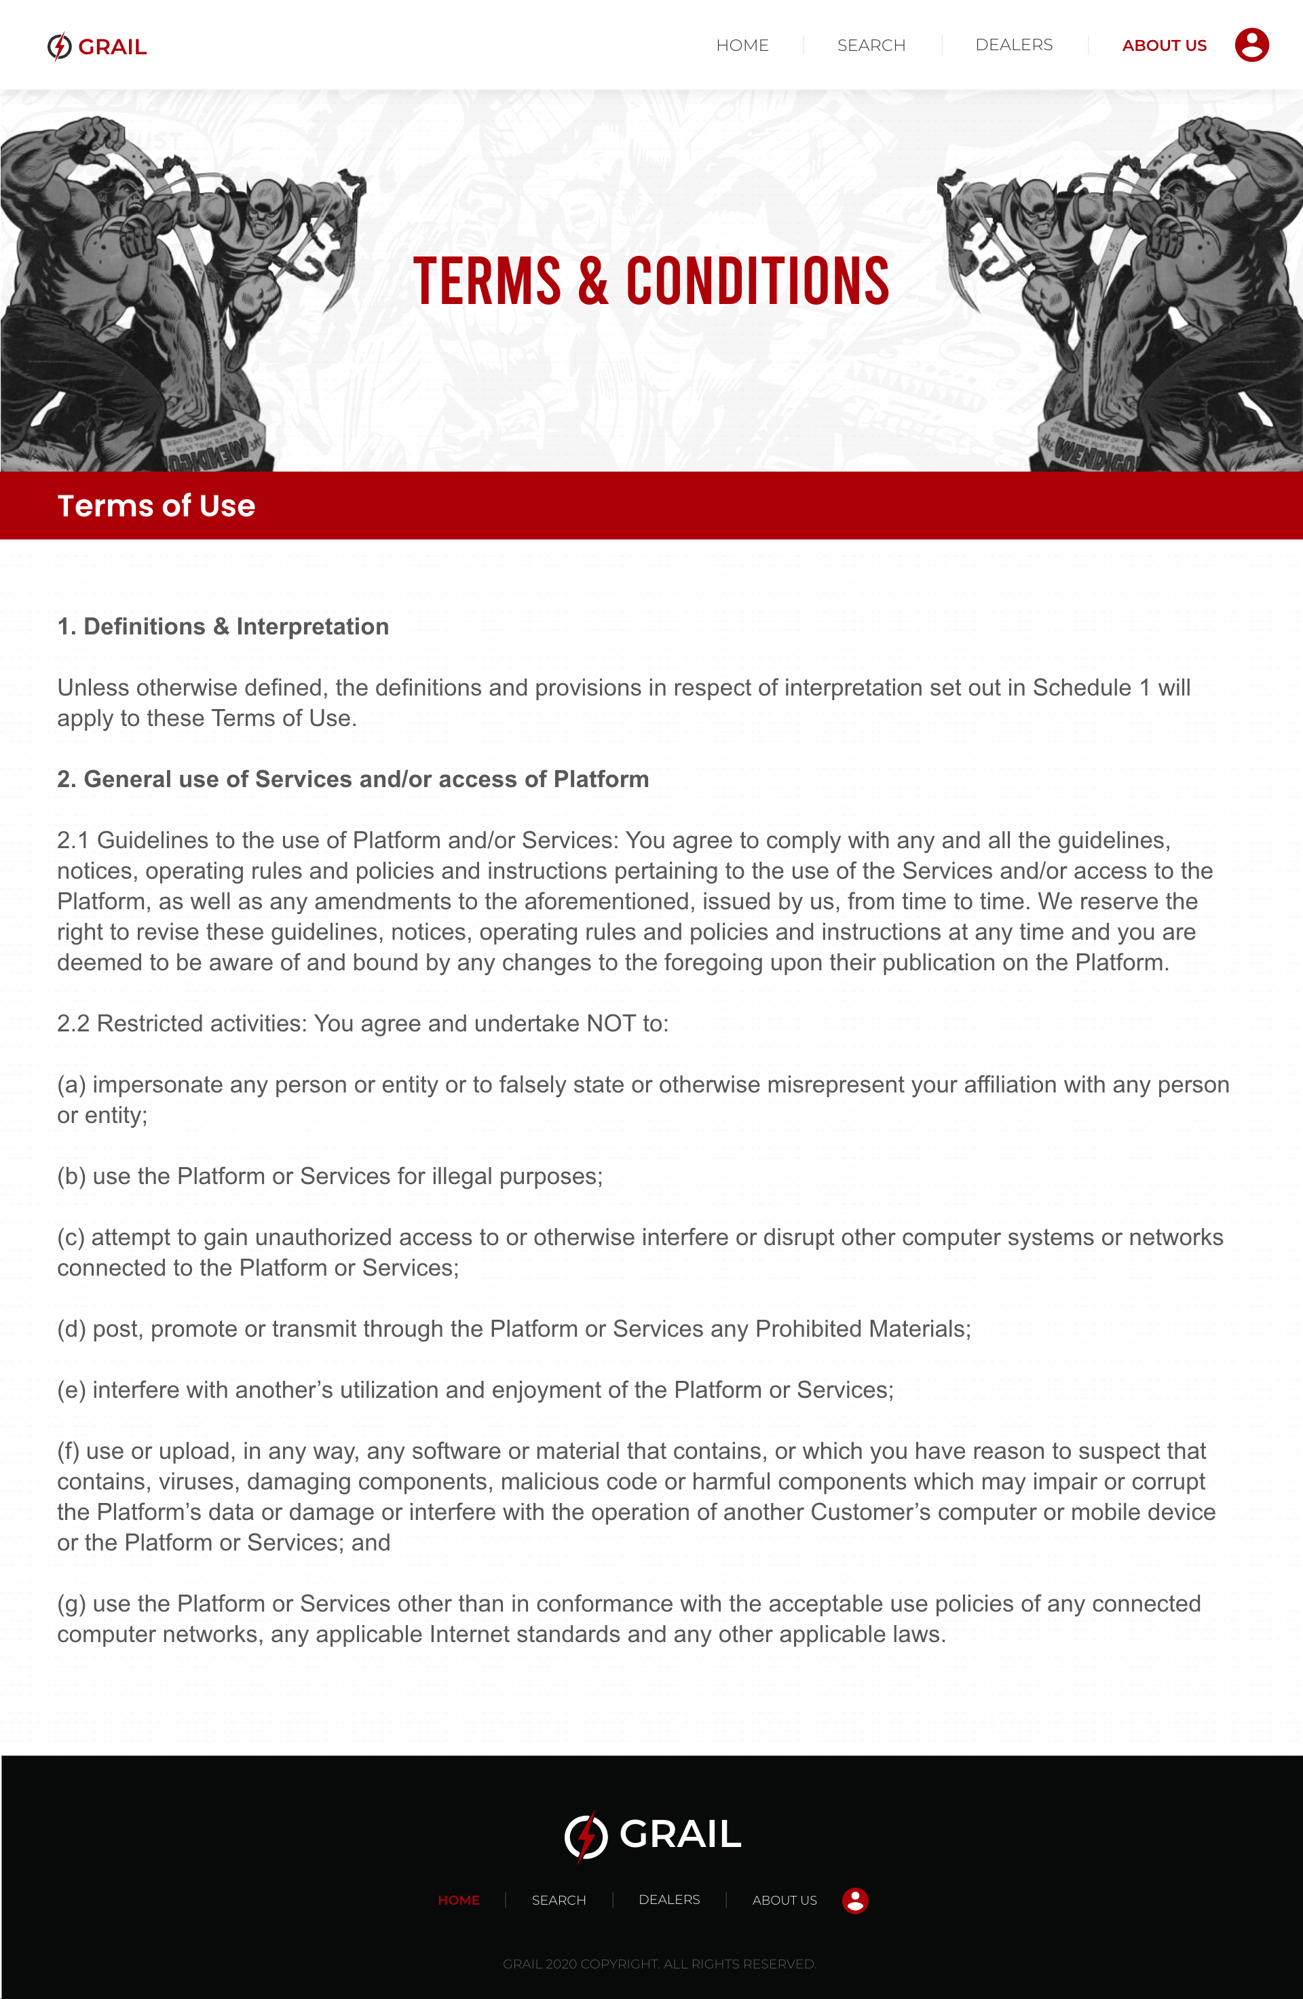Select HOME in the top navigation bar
pyautogui.click(x=742, y=45)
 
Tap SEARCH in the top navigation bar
pyautogui.click(x=871, y=45)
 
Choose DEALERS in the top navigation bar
pyautogui.click(x=1013, y=45)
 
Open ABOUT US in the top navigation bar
pyautogui.click(x=1164, y=45)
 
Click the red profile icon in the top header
pyautogui.click(x=1251, y=45)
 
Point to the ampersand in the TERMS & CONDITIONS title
pyautogui.click(x=593, y=282)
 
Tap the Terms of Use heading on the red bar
pyautogui.click(x=156, y=506)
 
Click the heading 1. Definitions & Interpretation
pyautogui.click(x=223, y=626)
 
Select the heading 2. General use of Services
pyautogui.click(x=353, y=780)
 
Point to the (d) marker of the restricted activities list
pyautogui.click(x=71, y=1329)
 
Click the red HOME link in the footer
pyautogui.click(x=459, y=1900)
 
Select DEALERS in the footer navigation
pyautogui.click(x=668, y=1900)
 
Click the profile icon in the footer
pyautogui.click(x=854, y=1900)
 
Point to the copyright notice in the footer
pyautogui.click(x=660, y=1964)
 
